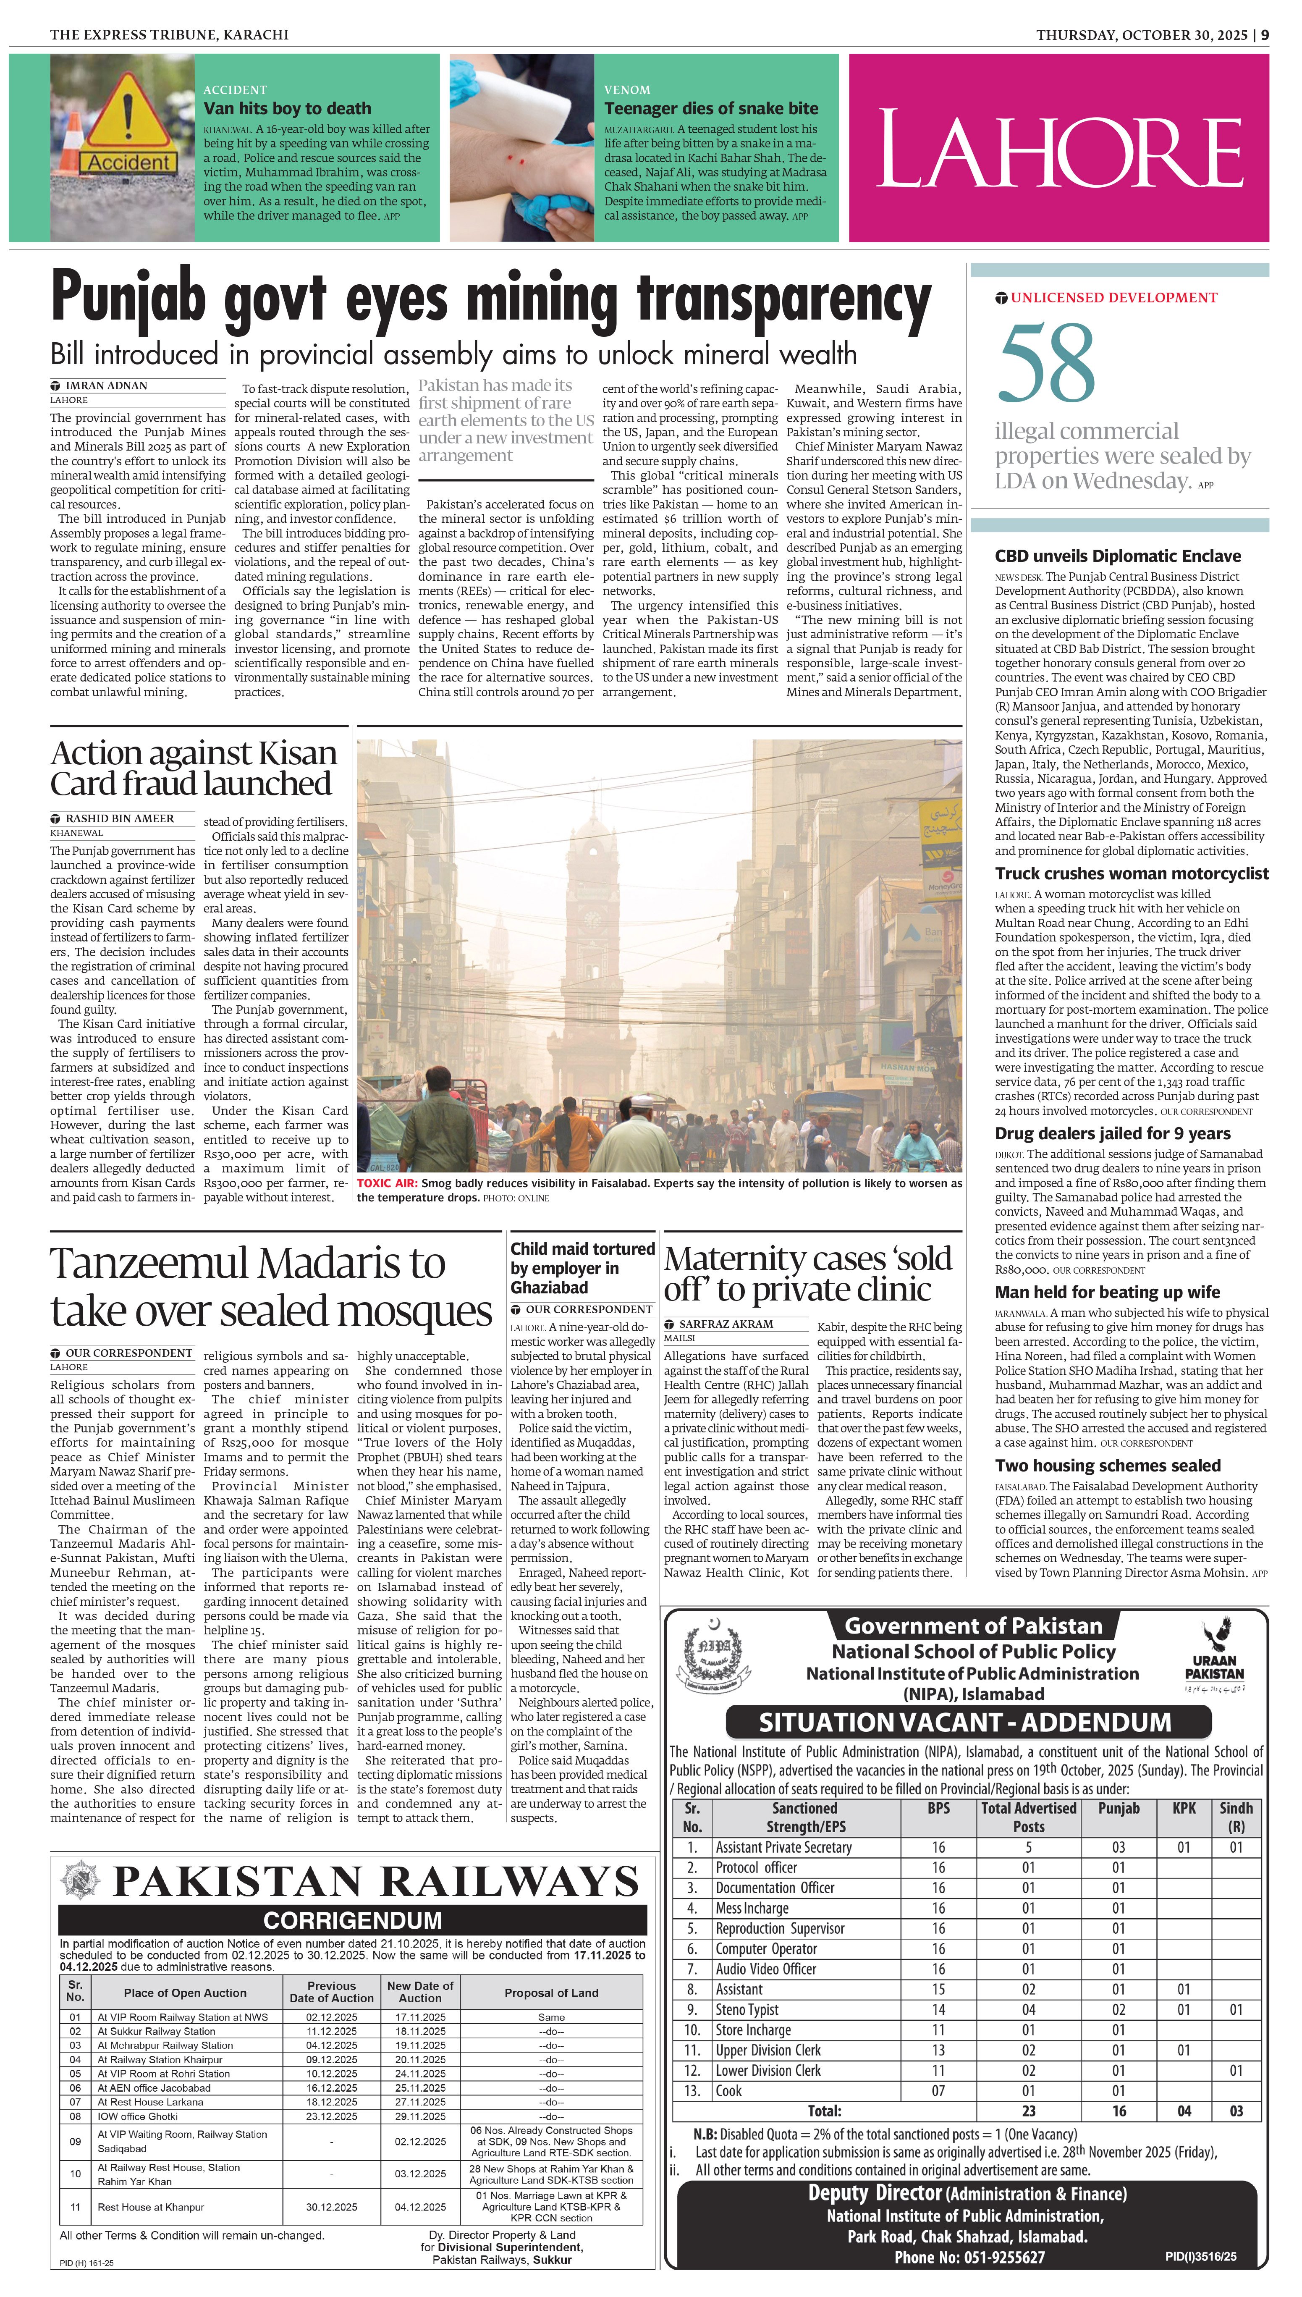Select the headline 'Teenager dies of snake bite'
(711, 108)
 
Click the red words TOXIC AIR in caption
(386, 1183)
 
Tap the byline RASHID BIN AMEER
(119, 818)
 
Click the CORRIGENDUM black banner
(352, 1919)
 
